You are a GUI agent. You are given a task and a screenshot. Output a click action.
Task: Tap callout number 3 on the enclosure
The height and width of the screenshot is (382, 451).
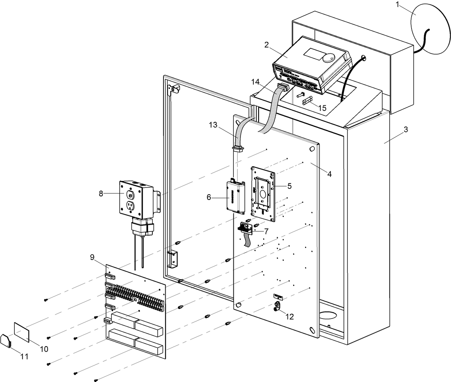click(405, 130)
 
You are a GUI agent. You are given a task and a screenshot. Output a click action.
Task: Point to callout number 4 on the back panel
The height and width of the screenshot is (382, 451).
click(329, 174)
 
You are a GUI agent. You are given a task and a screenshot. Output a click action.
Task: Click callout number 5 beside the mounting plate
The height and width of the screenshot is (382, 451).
click(289, 186)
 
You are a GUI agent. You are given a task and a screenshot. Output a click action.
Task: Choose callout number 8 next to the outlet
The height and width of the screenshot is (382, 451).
click(101, 194)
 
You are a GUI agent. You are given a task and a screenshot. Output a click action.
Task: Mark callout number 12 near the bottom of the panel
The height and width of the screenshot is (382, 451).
click(289, 316)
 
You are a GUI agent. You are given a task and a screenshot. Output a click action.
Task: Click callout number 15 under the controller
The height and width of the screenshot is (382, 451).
click(322, 108)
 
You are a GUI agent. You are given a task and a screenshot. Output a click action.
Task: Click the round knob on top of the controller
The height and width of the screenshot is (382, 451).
click(328, 57)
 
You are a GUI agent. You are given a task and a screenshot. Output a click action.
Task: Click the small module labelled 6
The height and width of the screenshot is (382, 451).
click(235, 196)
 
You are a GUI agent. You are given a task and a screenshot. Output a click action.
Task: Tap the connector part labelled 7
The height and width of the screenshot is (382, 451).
click(246, 228)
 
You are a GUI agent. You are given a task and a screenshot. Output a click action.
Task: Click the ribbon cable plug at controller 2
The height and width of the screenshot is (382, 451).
click(283, 87)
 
